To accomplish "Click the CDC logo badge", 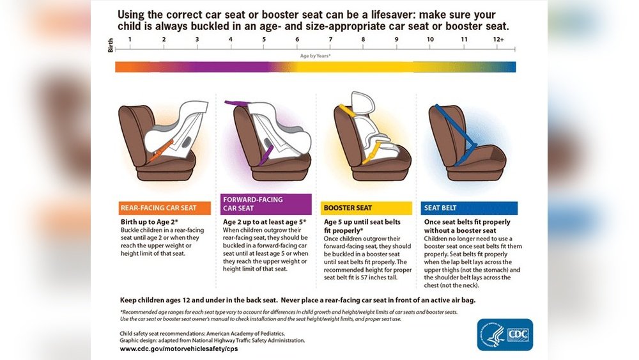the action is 505,334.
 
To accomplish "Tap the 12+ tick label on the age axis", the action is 498,40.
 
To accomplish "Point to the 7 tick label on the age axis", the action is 330,40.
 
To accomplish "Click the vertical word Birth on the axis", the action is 111,45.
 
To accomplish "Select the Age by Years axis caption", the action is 315,56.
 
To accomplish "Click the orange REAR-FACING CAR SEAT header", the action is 165,208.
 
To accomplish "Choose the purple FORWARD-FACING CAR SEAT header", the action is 266,204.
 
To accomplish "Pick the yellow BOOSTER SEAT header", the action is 366,208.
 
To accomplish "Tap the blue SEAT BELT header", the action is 469,208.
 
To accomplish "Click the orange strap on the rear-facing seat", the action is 161,151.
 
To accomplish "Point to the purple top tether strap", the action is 237,104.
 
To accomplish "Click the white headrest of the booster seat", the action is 362,103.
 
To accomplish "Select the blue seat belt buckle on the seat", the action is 472,145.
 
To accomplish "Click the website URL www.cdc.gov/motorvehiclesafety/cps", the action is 179,349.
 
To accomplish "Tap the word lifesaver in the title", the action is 392,15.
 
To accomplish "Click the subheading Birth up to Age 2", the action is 149,222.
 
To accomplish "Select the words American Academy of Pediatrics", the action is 246,334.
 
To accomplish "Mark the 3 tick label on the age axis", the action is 197,40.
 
